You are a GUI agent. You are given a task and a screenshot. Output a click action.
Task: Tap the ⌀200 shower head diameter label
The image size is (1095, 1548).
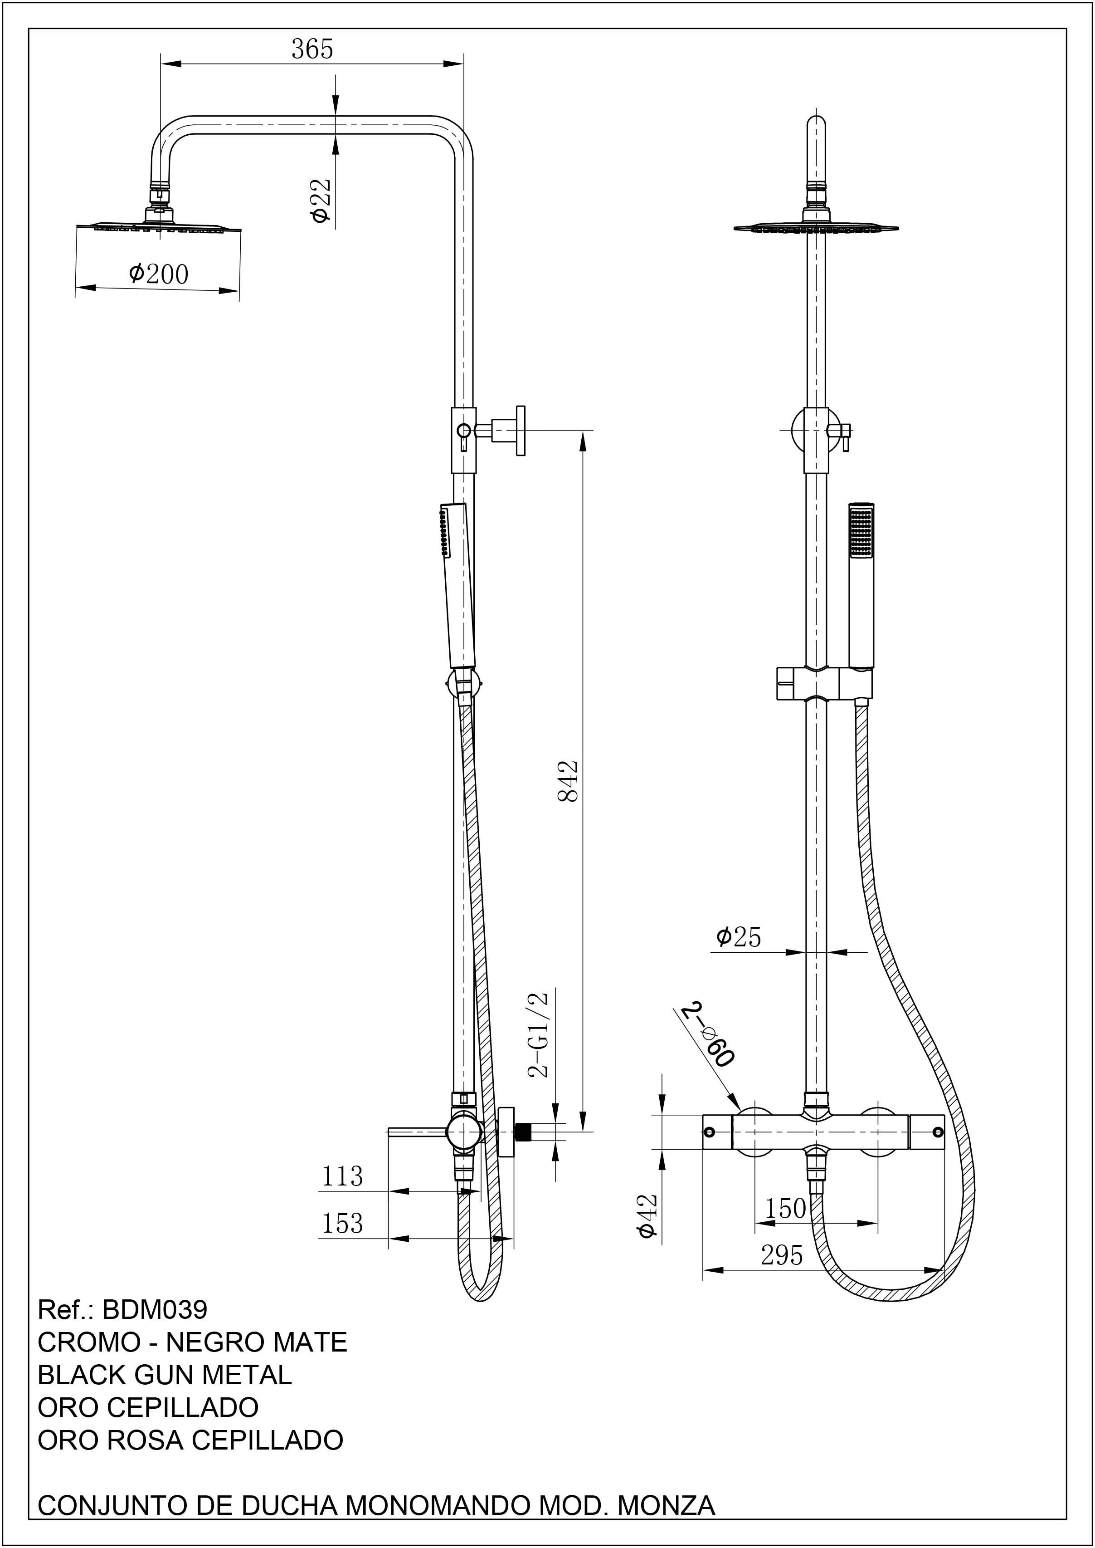158,274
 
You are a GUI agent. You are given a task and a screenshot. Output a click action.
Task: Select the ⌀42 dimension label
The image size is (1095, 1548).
647,1216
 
